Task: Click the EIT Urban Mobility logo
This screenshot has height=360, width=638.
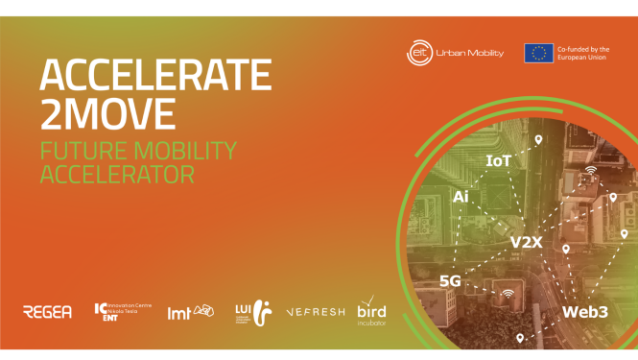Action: [454, 53]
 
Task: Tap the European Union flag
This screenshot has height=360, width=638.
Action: [538, 53]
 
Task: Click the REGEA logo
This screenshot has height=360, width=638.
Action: [48, 311]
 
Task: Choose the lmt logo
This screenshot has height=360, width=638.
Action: [190, 311]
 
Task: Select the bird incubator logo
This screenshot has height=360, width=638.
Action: [373, 309]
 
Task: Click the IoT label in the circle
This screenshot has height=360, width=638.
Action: [499, 161]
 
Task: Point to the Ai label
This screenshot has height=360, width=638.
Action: [461, 197]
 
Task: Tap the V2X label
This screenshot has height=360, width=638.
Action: [527, 242]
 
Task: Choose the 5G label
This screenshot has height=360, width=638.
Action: [451, 280]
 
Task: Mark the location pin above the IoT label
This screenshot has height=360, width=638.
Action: [538, 141]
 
